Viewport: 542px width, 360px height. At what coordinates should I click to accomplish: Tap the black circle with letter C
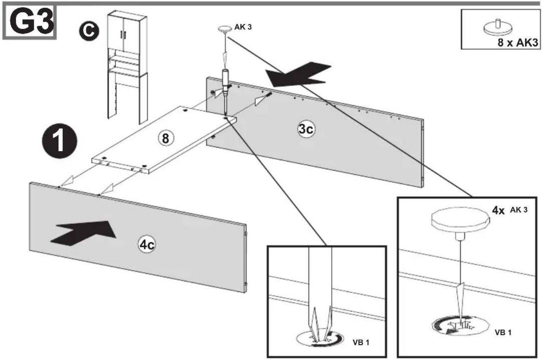(x=89, y=31)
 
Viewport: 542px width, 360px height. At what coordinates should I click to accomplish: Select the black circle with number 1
(x=59, y=142)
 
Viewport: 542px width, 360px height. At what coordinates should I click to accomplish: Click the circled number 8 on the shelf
(x=166, y=139)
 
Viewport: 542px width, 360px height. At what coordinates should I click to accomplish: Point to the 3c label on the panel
(x=306, y=129)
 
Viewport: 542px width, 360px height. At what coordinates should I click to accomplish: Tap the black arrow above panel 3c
(x=298, y=75)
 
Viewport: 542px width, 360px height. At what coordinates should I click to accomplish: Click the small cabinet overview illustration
(x=127, y=67)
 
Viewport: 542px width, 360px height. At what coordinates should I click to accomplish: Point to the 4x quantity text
(x=498, y=211)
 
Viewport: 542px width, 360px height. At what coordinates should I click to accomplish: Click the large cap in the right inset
(x=461, y=222)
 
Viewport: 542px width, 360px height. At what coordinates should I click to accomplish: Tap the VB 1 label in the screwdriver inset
(x=361, y=342)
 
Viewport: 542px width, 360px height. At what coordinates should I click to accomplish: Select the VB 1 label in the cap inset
(x=503, y=333)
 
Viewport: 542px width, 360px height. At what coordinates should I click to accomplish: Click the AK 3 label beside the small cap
(x=243, y=27)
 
